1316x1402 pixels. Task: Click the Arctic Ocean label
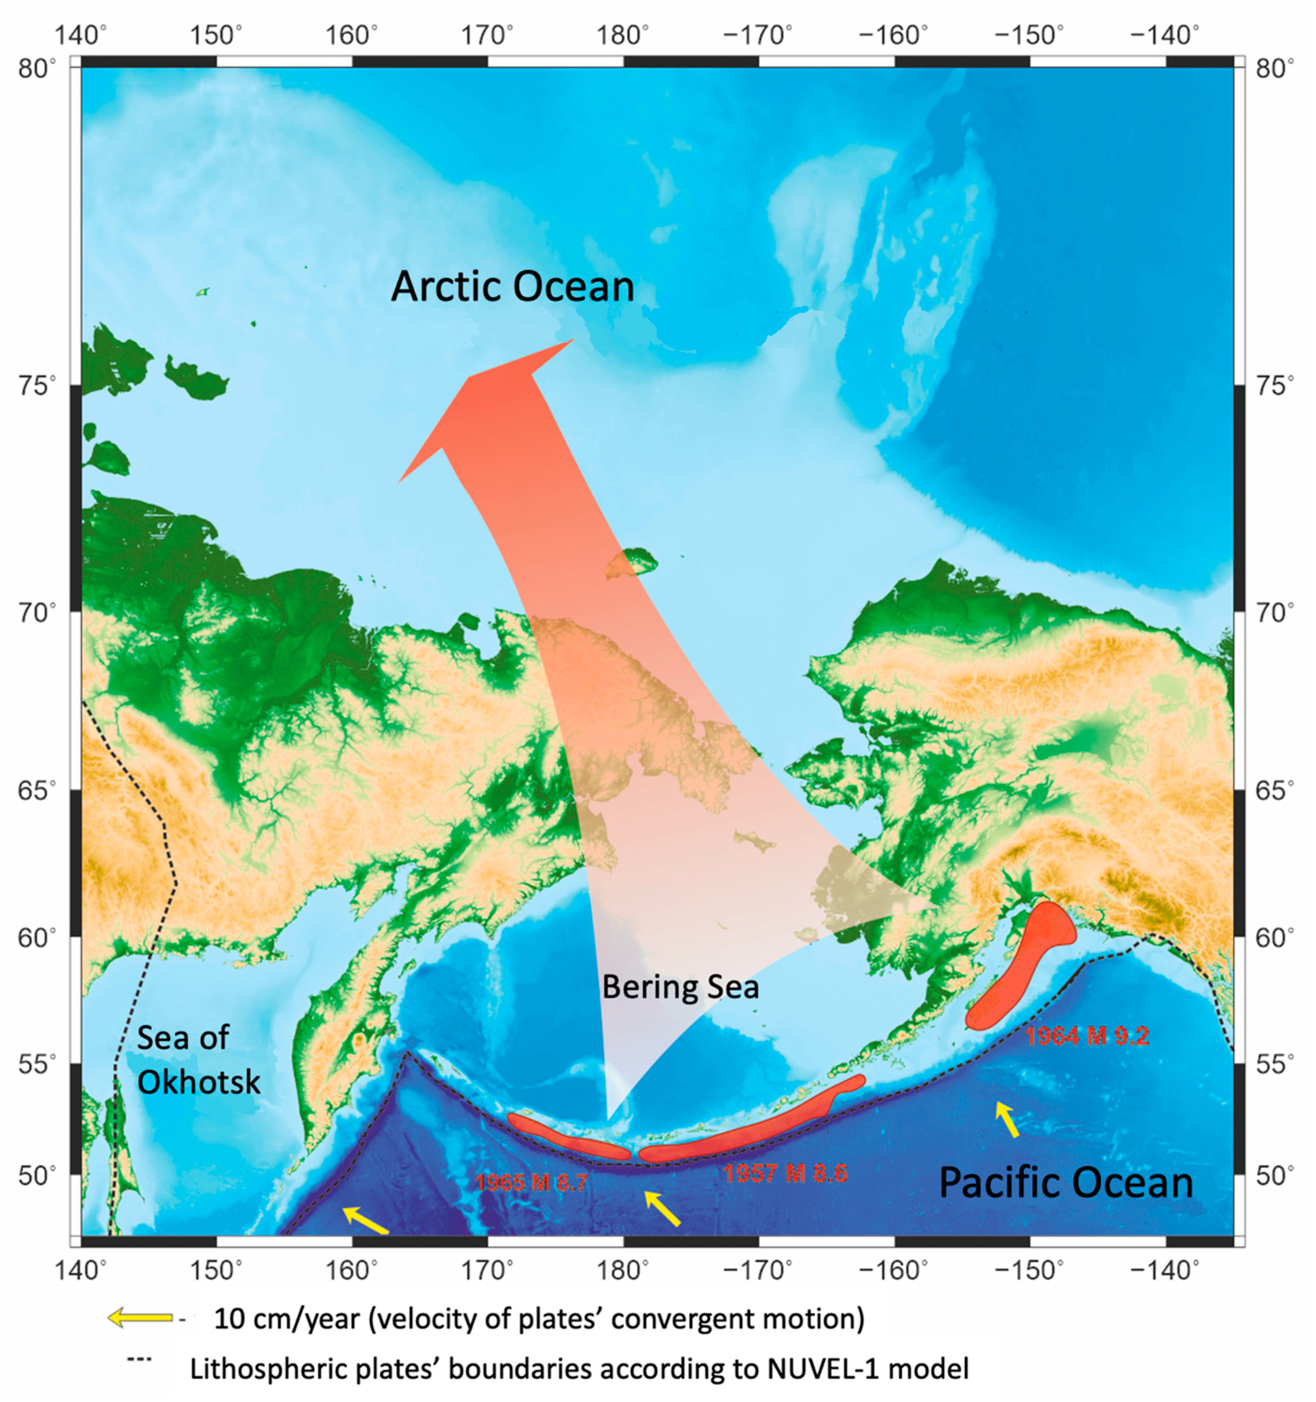point(513,287)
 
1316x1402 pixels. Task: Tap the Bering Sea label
point(680,987)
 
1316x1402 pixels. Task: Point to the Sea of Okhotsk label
point(198,1059)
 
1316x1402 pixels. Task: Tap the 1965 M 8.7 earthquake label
point(531,1182)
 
